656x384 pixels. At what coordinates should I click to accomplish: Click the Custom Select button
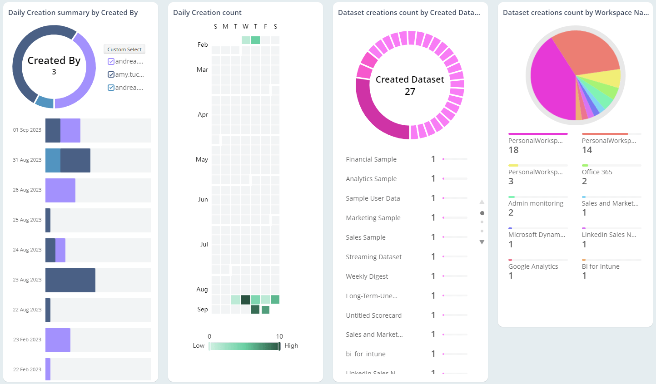(124, 49)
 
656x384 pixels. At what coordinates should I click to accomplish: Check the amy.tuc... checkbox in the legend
(111, 74)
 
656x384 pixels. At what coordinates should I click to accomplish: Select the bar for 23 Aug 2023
(70, 280)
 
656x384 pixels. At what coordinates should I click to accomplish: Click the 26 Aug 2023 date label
(27, 190)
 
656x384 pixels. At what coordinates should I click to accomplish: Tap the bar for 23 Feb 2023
(58, 340)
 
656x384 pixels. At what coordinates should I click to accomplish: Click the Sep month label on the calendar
(203, 309)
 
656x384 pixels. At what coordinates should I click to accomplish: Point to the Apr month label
(203, 114)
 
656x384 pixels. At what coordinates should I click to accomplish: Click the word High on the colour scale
(291, 345)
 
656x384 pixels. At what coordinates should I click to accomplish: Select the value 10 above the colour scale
(279, 336)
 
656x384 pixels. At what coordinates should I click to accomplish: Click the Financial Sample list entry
(371, 159)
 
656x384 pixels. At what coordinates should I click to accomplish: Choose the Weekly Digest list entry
(367, 276)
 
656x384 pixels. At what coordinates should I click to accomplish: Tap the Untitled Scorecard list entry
(373, 315)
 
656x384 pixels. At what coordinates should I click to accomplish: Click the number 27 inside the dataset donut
(410, 92)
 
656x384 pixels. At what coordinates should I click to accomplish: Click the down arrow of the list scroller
(482, 242)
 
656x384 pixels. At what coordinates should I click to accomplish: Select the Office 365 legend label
(597, 172)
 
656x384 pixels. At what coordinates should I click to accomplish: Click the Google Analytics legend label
(533, 266)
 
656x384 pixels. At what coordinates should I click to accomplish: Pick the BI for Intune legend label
(601, 266)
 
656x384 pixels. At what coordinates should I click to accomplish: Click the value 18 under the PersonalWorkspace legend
(513, 150)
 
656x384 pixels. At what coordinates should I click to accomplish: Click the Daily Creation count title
(207, 13)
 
